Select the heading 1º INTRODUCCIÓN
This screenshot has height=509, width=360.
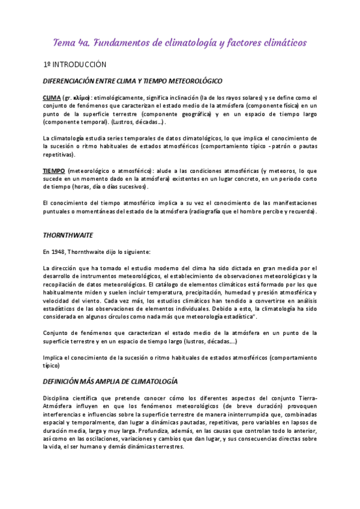coord(74,64)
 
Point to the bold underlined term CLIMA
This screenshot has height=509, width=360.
coord(51,97)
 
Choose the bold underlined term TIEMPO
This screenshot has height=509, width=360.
coord(53,171)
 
